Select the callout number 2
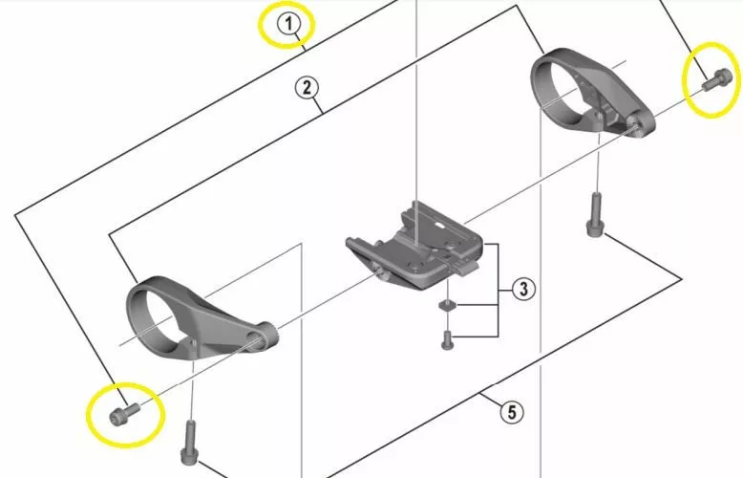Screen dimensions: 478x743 click(306, 89)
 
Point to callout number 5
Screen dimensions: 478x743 click(512, 413)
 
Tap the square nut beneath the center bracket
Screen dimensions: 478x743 click(445, 306)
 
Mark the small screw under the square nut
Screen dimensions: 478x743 click(445, 337)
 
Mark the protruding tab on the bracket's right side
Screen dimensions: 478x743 click(467, 272)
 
